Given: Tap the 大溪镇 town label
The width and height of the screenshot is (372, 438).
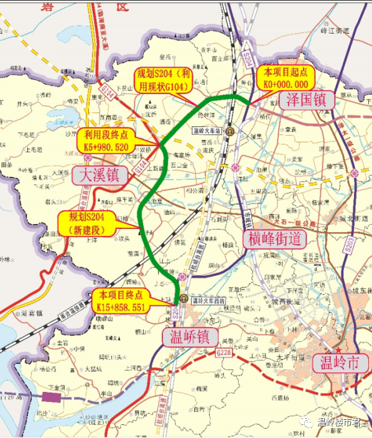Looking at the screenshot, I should (x=102, y=175).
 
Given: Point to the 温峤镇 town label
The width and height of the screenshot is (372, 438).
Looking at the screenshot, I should (x=189, y=337).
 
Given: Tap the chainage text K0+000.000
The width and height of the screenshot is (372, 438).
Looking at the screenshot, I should (x=283, y=84).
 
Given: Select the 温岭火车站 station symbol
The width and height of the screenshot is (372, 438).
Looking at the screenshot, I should (x=231, y=131).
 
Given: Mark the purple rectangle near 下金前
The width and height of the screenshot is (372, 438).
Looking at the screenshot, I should (x=52, y=398).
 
